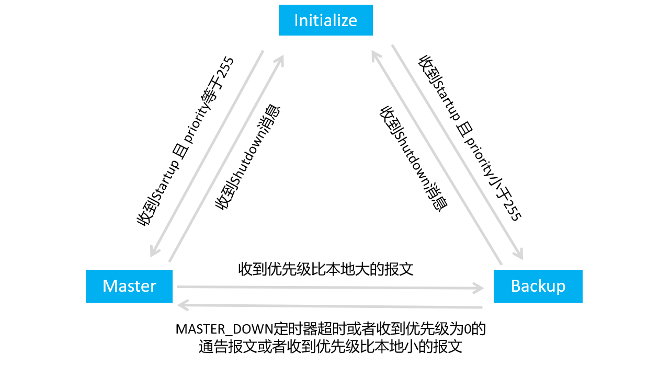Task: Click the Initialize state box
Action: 325,20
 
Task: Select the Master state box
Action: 129,286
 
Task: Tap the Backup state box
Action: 538,286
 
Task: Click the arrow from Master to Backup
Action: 329,287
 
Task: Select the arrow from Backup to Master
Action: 329,305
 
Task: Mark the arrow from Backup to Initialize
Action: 437,157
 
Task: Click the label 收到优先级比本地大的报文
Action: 326,269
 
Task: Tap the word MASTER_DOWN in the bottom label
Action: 225,329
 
